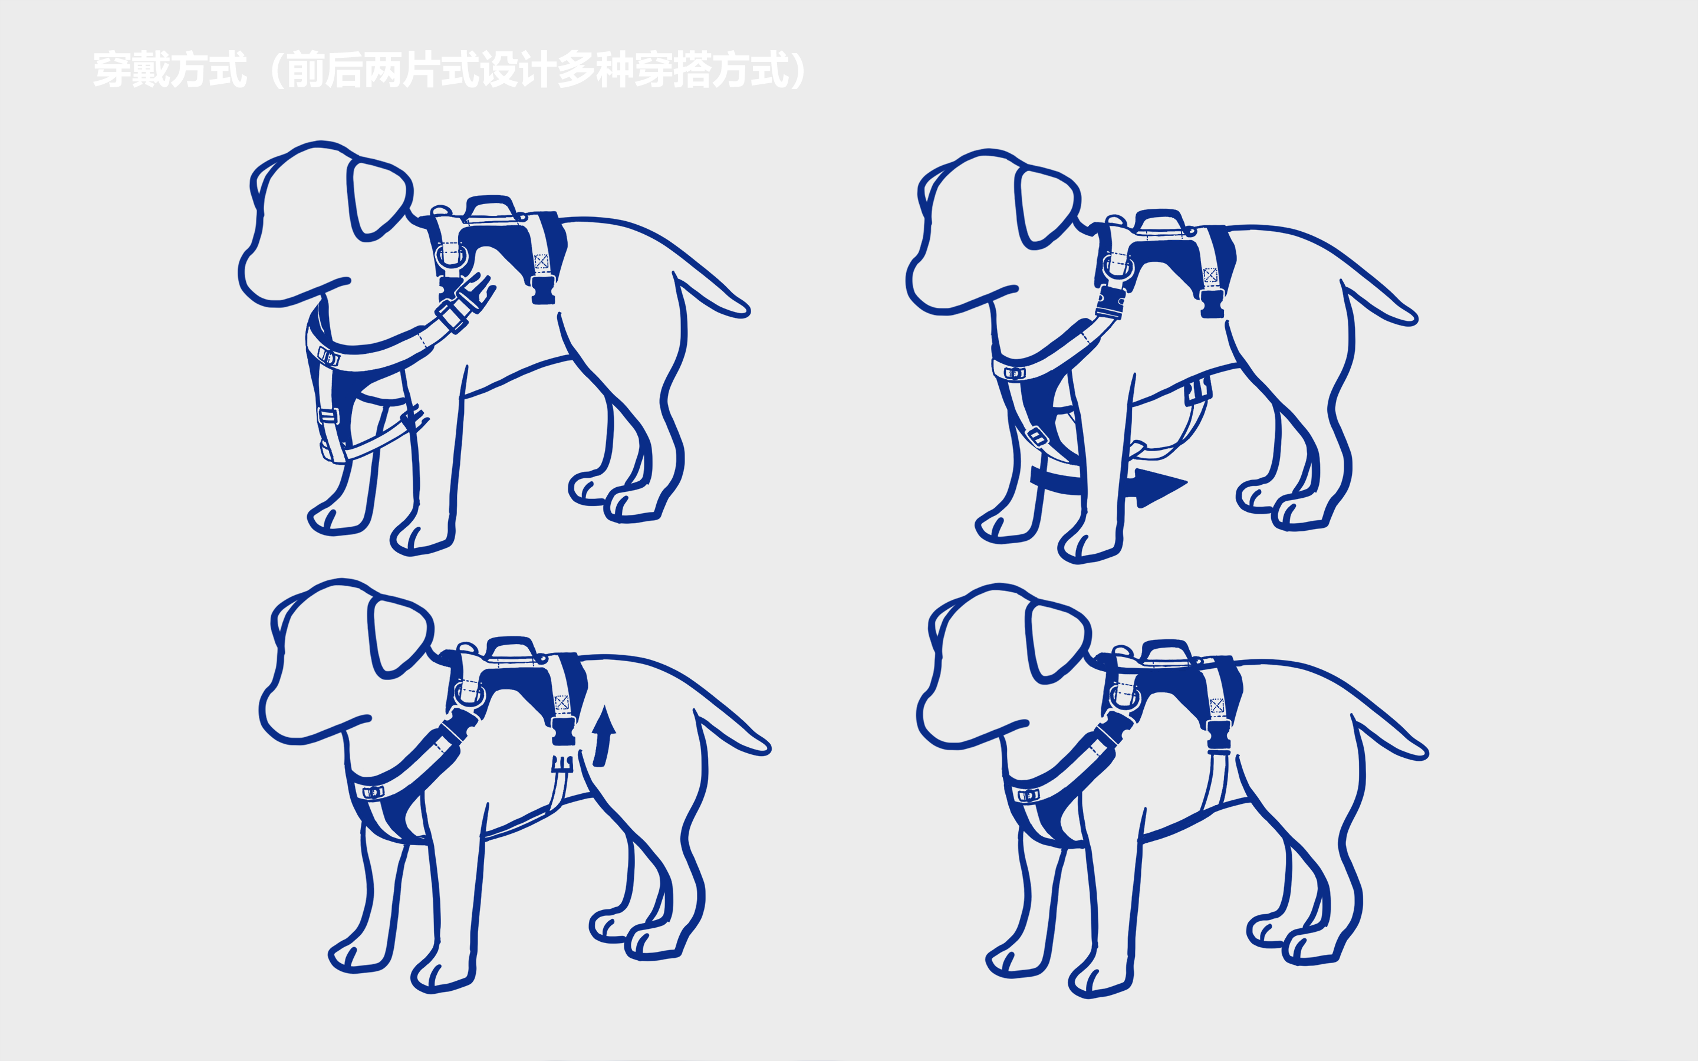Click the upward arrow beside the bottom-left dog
(603, 737)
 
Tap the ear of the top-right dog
(1045, 208)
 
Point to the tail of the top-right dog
(1379, 302)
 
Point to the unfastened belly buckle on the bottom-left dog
(562, 763)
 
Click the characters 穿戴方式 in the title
(170, 70)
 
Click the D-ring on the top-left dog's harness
(450, 256)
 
